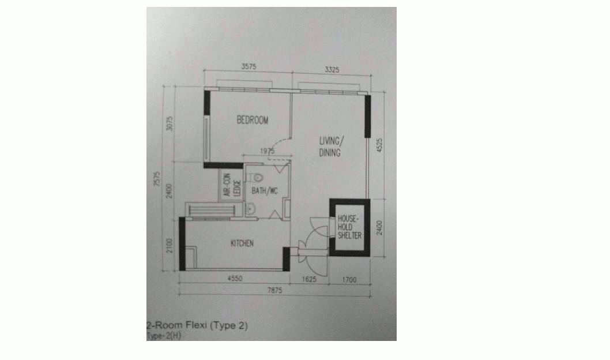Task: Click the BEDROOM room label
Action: (253, 120)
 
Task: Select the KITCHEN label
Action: (242, 243)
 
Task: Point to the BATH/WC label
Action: (265, 191)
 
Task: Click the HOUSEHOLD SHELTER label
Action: (349, 227)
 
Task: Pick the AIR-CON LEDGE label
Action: (232, 185)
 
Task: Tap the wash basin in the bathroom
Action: (250, 209)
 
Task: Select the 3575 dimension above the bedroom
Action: (248, 66)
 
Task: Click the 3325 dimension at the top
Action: (332, 70)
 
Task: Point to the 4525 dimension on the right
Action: (379, 145)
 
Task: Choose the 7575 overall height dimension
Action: (157, 179)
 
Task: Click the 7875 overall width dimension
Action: (274, 290)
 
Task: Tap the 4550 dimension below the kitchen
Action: (235, 278)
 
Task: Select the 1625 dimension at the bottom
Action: (309, 279)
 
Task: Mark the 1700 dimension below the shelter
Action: (349, 279)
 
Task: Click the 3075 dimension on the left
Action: (170, 123)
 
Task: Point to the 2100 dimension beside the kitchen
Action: (170, 246)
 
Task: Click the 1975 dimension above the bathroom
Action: (268, 151)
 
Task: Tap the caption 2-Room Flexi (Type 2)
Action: (197, 325)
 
